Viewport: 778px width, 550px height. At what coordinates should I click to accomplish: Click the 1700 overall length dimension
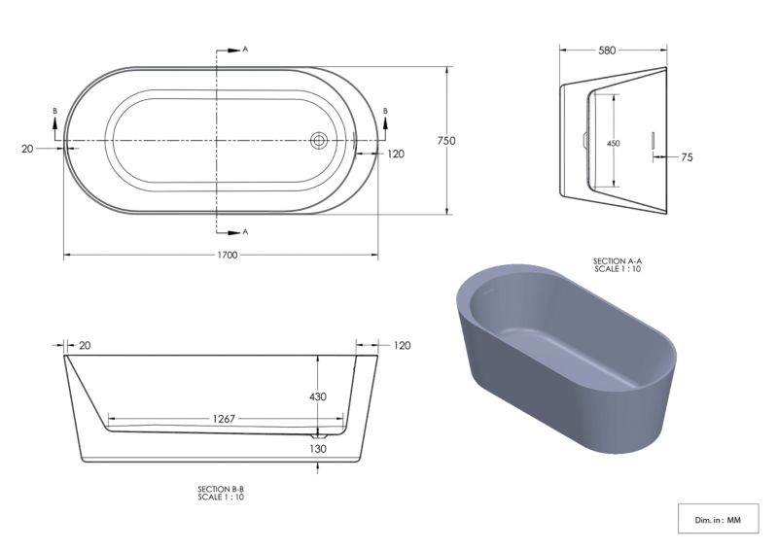(x=223, y=256)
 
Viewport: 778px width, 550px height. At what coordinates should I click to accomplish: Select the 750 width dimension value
(x=446, y=141)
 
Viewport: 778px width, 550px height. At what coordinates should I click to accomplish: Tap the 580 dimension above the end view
(x=607, y=51)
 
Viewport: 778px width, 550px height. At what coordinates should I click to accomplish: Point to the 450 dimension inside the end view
(x=614, y=143)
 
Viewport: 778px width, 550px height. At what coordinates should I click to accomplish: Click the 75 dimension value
(x=687, y=156)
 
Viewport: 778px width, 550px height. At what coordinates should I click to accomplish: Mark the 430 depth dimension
(x=318, y=396)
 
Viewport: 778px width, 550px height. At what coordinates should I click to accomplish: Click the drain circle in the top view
(x=318, y=141)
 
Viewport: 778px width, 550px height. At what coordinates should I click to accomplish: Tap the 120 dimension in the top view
(x=395, y=154)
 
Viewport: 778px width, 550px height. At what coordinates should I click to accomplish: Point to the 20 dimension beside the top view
(x=27, y=149)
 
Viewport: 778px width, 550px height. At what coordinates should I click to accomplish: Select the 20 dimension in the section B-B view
(x=85, y=345)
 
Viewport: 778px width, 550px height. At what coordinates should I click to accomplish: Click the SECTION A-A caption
(x=616, y=264)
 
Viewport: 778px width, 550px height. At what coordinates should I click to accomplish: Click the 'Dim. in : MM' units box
(x=718, y=520)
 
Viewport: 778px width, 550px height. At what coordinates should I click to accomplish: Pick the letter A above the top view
(x=245, y=48)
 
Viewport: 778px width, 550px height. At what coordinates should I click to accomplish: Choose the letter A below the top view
(x=245, y=232)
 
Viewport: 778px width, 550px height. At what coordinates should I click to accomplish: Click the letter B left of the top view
(x=55, y=112)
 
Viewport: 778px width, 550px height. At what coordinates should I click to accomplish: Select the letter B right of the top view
(x=386, y=112)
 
